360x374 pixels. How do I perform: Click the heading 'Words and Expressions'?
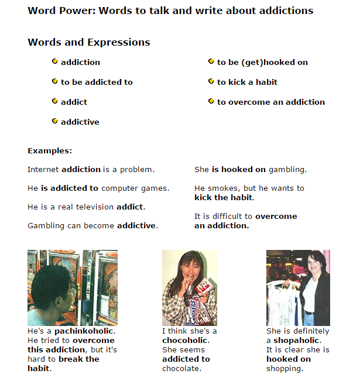click(x=88, y=42)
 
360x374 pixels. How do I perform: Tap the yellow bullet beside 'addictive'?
click(x=54, y=121)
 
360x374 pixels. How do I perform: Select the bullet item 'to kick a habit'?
click(x=247, y=82)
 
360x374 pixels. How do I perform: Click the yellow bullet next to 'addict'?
click(x=54, y=101)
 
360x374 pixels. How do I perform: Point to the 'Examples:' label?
click(x=50, y=150)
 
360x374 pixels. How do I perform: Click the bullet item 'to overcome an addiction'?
click(x=270, y=102)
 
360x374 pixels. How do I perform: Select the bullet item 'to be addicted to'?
click(x=97, y=82)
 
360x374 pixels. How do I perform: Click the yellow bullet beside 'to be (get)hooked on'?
click(x=211, y=61)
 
